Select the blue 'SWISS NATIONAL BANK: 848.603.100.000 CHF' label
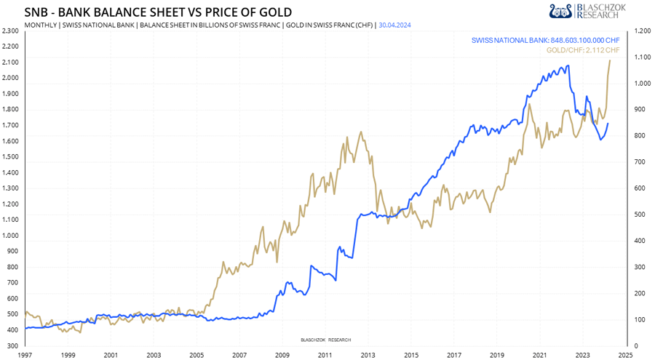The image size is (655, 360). click(545, 39)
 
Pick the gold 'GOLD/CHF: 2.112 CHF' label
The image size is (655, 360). click(582, 49)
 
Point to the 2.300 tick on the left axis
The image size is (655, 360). click(10, 31)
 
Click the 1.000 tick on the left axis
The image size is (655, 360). click(10, 236)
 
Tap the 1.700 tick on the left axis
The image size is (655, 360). click(10, 125)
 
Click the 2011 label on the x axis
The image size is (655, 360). click(325, 355)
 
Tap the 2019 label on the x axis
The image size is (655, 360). click(497, 355)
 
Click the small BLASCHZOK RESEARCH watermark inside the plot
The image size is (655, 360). click(325, 340)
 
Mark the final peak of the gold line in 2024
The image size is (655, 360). click(609, 60)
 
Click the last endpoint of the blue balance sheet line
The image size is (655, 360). click(608, 124)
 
